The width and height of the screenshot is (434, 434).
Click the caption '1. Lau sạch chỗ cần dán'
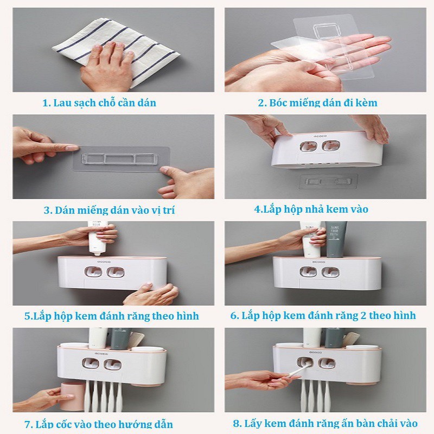point(99,103)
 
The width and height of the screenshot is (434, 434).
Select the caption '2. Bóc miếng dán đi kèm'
point(317,103)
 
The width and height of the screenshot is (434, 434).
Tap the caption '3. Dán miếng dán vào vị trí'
point(110,210)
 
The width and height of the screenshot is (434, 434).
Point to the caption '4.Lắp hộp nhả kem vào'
point(311,209)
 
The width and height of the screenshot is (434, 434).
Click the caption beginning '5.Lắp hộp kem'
point(112,316)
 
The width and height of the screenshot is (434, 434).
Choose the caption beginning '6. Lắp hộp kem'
point(323,316)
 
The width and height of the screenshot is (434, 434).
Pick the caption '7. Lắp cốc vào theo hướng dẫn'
point(99,424)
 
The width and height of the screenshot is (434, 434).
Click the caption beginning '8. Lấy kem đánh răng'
point(325,423)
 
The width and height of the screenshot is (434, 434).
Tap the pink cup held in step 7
point(73,397)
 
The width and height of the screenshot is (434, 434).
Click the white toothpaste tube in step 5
point(98,238)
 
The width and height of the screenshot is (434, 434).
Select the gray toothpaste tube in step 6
point(334,239)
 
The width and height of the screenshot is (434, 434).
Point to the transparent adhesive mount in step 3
point(120,158)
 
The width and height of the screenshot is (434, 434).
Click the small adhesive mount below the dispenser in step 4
point(329,182)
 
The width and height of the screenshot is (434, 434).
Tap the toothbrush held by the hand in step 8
point(299,371)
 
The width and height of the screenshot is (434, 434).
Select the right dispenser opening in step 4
point(331,146)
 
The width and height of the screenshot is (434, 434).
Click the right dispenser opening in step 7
point(112,365)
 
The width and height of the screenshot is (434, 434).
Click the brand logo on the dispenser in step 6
point(318,261)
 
